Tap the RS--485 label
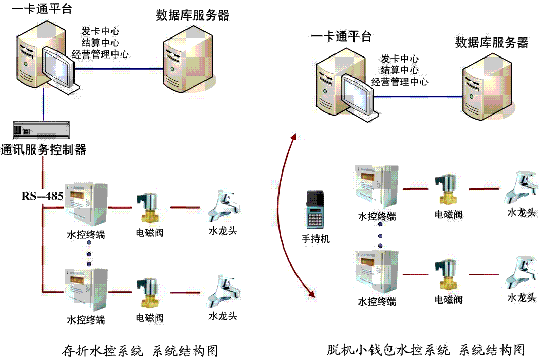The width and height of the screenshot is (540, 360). [x=42, y=196]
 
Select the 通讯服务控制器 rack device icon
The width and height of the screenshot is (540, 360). [x=41, y=130]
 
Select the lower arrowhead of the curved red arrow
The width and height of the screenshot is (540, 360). [x=311, y=294]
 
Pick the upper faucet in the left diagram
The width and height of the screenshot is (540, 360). [x=223, y=206]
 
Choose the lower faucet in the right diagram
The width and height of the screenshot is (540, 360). [x=522, y=273]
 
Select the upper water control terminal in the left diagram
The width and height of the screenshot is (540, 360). [x=86, y=204]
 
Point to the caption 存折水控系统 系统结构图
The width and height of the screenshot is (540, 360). [x=140, y=351]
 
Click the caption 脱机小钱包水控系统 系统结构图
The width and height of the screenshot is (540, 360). [x=425, y=350]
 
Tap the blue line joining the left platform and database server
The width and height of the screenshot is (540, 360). [x=119, y=69]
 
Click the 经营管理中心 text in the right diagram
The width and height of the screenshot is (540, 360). [x=400, y=82]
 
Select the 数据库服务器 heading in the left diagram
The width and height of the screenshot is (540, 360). [x=193, y=15]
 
